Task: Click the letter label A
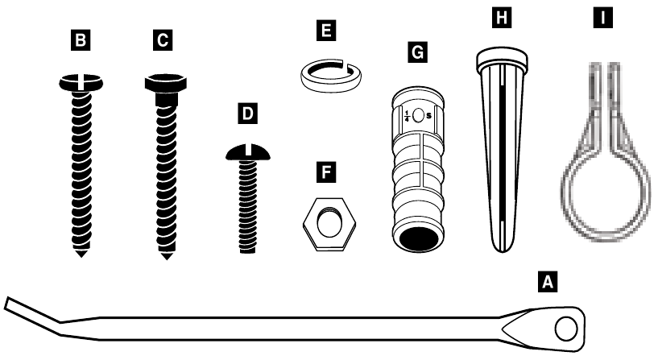tap(548, 281)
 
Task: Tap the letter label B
tap(81, 40)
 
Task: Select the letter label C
tap(163, 40)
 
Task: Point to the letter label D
tap(247, 114)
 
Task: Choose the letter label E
tap(326, 31)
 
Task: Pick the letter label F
tap(326, 172)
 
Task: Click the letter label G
tap(417, 52)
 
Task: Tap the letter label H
tap(502, 18)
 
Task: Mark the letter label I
tap(602, 18)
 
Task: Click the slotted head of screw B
tap(81, 82)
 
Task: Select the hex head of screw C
tap(166, 84)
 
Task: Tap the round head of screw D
tap(248, 152)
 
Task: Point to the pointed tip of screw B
tap(81, 254)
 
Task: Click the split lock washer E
tap(332, 76)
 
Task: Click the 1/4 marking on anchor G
tap(406, 115)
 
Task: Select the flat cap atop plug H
tap(502, 57)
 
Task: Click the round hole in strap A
tap(565, 329)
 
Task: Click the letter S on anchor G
tap(428, 115)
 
